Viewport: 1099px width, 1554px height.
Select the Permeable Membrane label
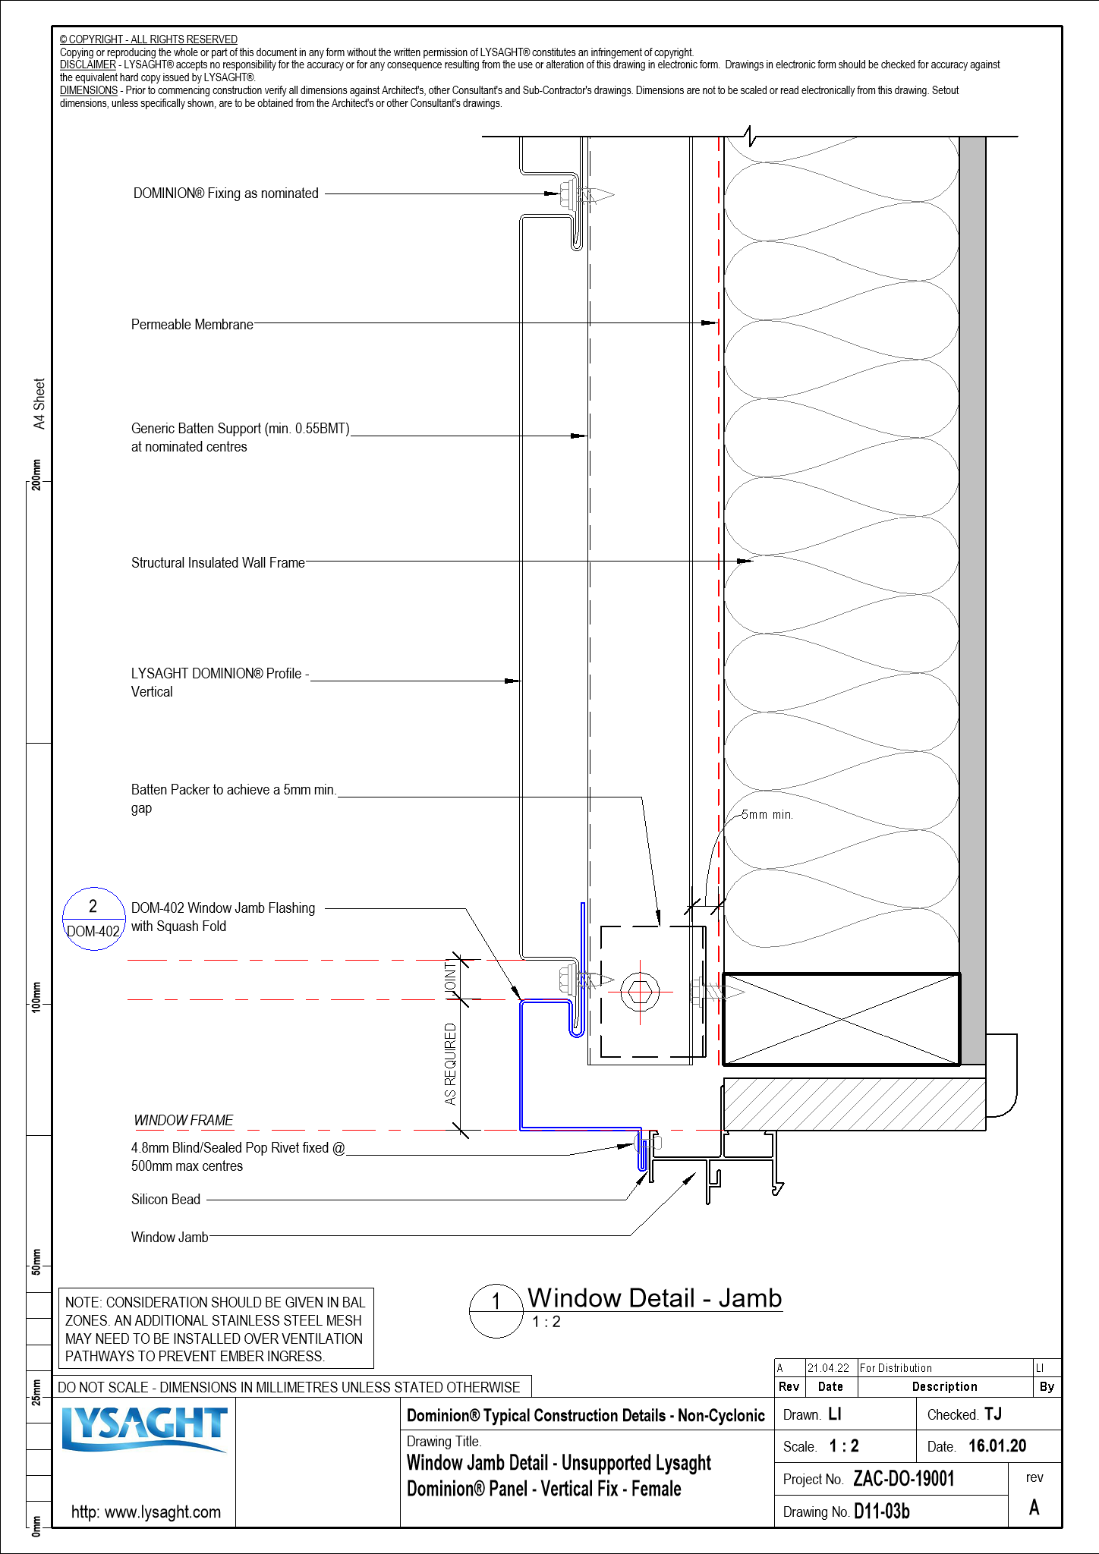coord(192,325)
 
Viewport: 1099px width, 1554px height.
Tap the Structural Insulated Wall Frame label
coord(218,563)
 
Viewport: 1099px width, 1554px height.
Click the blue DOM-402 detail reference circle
coord(93,919)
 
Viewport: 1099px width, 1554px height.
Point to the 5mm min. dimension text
coord(767,815)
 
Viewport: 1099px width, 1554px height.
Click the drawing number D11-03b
coord(881,1512)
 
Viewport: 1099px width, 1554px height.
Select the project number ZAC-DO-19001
coord(903,1479)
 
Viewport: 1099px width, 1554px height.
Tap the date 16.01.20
coord(997,1446)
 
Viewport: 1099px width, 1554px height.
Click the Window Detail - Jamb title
coord(654,1298)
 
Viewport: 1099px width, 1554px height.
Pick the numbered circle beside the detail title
coord(496,1311)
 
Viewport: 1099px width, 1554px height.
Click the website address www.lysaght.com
coord(146,1512)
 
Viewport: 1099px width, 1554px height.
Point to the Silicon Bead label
coord(165,1200)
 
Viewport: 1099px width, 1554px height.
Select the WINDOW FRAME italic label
coord(184,1121)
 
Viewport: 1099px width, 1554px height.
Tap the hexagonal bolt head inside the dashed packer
coord(640,991)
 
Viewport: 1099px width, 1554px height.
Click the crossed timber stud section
coord(841,1019)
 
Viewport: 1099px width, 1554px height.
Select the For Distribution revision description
coord(896,1368)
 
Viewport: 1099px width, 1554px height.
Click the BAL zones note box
coord(216,1329)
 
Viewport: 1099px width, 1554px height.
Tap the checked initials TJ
coord(993,1414)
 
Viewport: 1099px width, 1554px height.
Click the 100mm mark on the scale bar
coord(36,996)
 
